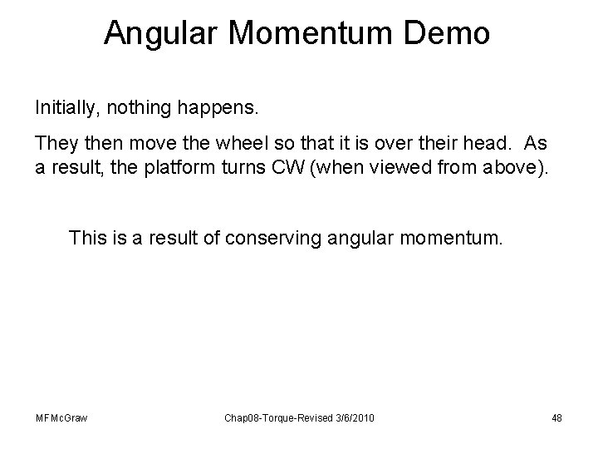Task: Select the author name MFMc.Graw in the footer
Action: [59, 417]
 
